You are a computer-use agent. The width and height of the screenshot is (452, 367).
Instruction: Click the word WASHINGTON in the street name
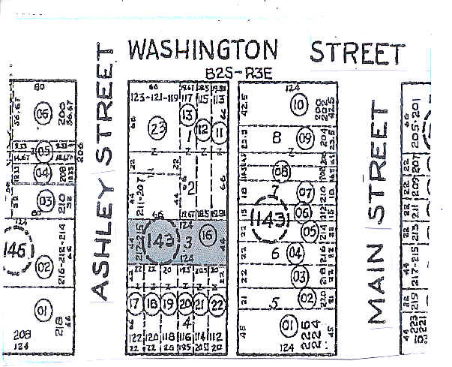click(x=202, y=50)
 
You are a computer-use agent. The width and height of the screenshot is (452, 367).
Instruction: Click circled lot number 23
click(x=157, y=128)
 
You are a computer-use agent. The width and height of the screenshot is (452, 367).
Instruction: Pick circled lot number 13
click(x=187, y=115)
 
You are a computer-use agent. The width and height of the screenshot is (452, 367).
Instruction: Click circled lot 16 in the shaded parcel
click(x=211, y=233)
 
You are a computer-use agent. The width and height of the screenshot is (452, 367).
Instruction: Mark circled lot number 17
click(x=135, y=304)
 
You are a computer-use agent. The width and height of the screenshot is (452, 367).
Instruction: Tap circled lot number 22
click(x=217, y=304)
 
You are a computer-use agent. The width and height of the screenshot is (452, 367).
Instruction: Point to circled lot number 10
click(x=300, y=104)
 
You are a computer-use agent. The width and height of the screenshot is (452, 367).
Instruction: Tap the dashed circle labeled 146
click(x=16, y=248)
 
